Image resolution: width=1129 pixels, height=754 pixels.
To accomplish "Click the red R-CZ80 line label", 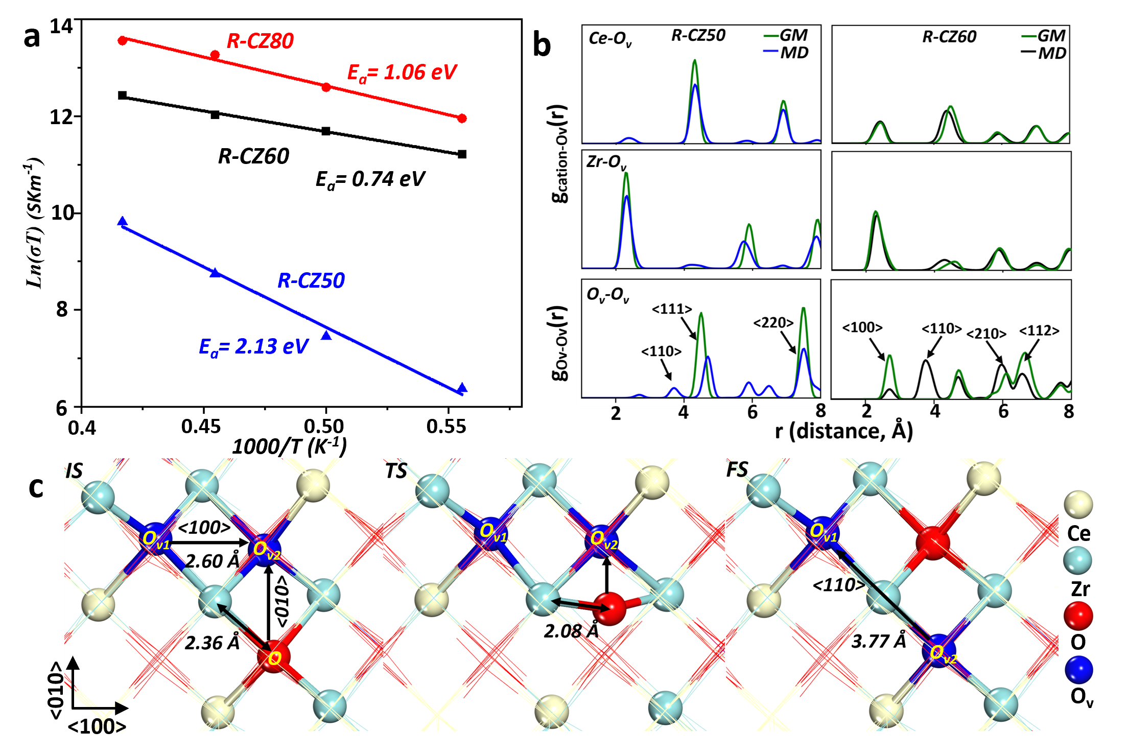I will tap(260, 41).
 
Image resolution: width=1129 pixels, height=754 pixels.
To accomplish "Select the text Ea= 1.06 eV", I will tap(402, 73).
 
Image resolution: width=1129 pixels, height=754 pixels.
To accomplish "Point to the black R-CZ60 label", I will tap(253, 156).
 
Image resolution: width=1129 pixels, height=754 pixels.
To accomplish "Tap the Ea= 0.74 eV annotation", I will tap(370, 179).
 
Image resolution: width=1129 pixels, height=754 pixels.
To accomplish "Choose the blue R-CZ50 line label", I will tap(311, 280).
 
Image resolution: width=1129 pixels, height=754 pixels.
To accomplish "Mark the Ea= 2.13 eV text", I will tap(253, 347).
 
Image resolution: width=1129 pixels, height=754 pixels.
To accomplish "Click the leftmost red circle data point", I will tap(122, 40).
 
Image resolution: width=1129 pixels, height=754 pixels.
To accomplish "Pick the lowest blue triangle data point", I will tap(462, 388).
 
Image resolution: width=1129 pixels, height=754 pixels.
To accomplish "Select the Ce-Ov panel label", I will tap(610, 39).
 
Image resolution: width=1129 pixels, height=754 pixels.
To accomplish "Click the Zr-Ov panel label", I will tap(606, 162).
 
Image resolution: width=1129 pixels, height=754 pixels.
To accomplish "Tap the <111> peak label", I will tap(672, 309).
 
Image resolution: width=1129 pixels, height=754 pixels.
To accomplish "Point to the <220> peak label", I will tap(773, 323).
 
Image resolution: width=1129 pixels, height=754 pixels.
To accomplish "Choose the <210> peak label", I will tap(986, 334).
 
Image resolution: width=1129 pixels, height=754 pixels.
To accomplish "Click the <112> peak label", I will tap(1039, 331).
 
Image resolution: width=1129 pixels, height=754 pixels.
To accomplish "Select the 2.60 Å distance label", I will tap(212, 561).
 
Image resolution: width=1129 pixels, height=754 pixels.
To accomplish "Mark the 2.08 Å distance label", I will tap(571, 631).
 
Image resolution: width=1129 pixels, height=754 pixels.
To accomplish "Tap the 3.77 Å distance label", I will tap(878, 641).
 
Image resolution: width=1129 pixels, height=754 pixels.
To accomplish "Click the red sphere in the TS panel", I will tap(610, 608).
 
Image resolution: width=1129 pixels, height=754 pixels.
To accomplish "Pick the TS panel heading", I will tap(396, 471).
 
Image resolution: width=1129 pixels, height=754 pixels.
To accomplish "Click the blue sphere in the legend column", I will tap(1078, 670).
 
